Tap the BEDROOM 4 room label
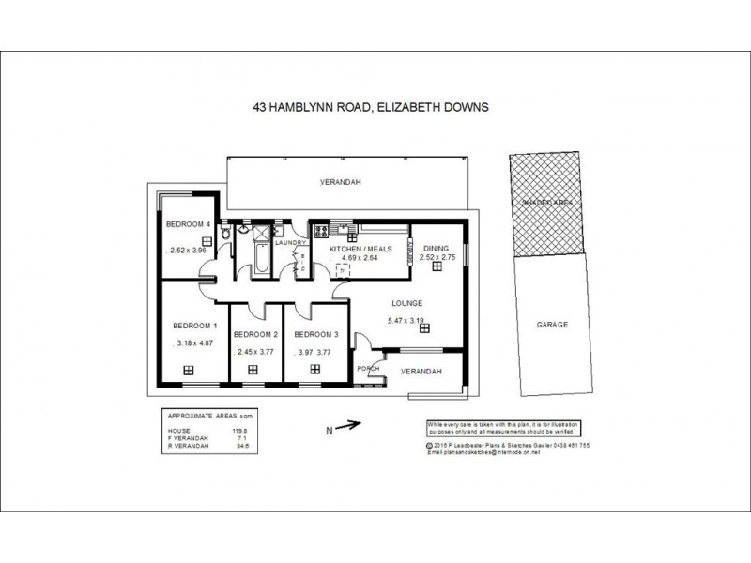tap(186, 224)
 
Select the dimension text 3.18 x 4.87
tap(195, 343)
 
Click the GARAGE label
tap(552, 325)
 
